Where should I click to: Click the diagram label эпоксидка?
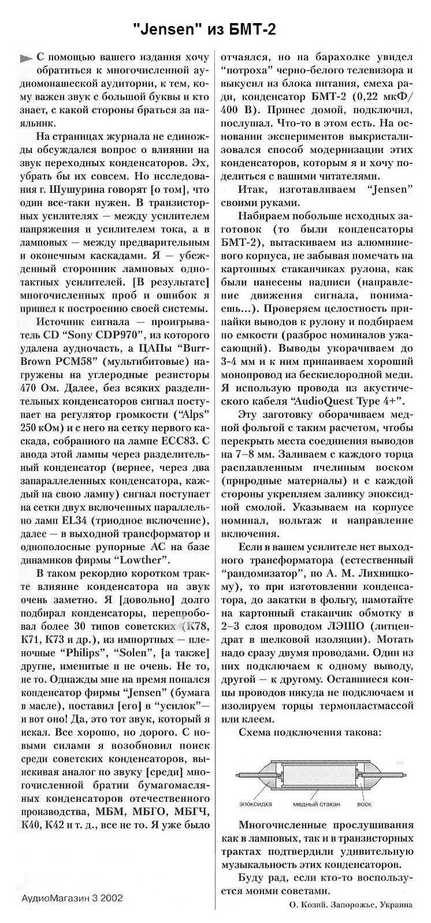pyautogui.click(x=255, y=804)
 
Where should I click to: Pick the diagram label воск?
pyautogui.click(x=365, y=804)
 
